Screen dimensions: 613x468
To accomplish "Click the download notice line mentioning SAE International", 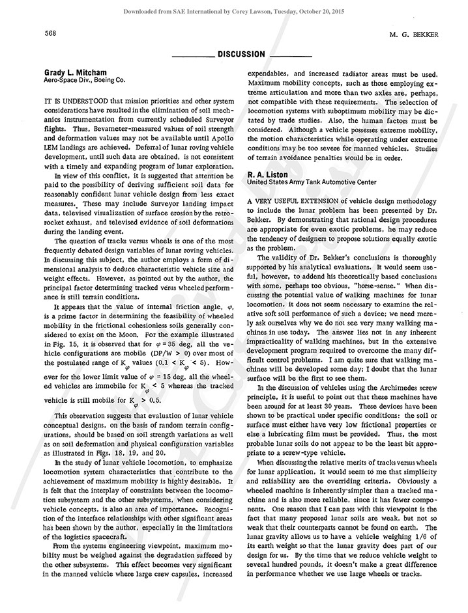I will pos(234,11).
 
